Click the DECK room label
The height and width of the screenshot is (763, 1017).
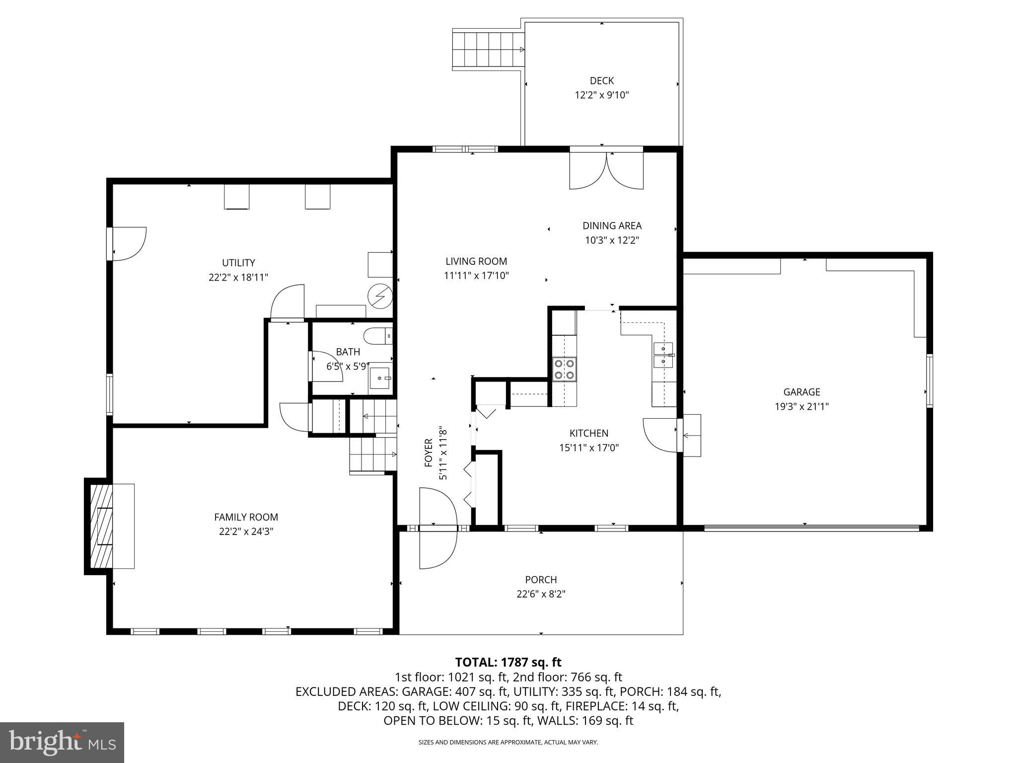coord(601,80)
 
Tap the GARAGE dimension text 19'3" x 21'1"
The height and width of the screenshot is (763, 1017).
coord(801,406)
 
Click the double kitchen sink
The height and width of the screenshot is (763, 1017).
coord(663,355)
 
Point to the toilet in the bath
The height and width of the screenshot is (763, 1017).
coord(377,336)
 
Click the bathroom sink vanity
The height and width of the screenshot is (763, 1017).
coord(381,378)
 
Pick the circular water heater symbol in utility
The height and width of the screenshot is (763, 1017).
coord(380,297)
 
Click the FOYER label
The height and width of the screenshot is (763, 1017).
coord(429,453)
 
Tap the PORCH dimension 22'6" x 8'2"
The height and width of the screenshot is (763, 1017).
coord(541,594)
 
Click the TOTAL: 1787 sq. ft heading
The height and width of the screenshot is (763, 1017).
coord(508,662)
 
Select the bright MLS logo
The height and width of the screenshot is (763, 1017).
coord(62,742)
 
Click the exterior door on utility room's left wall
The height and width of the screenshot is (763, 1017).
coord(128,243)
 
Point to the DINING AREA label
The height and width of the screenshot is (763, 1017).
coord(612,226)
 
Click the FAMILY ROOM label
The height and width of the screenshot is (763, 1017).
coord(246,517)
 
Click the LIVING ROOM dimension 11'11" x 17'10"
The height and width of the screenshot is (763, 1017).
coord(476,275)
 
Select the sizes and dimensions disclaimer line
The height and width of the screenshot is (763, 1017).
coord(508,742)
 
